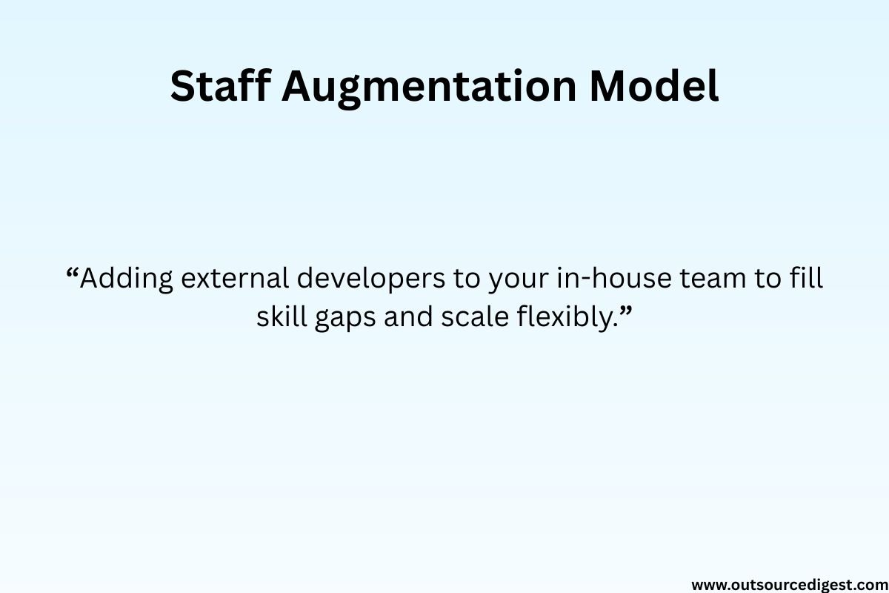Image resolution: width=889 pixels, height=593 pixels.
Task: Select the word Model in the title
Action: (653, 87)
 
